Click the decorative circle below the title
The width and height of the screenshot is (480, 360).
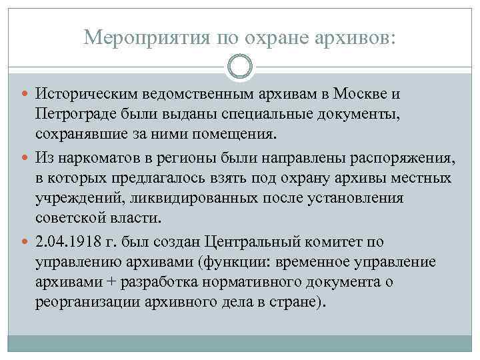(240, 67)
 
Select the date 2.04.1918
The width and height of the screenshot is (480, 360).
(72, 242)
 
